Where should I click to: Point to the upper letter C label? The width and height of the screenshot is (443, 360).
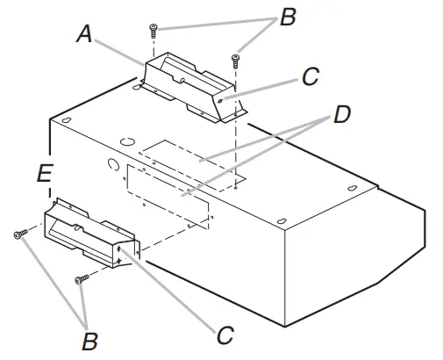pos(310,76)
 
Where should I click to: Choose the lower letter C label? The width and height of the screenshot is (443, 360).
pos(225,334)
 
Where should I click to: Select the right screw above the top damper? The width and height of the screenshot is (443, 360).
pos(234,60)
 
